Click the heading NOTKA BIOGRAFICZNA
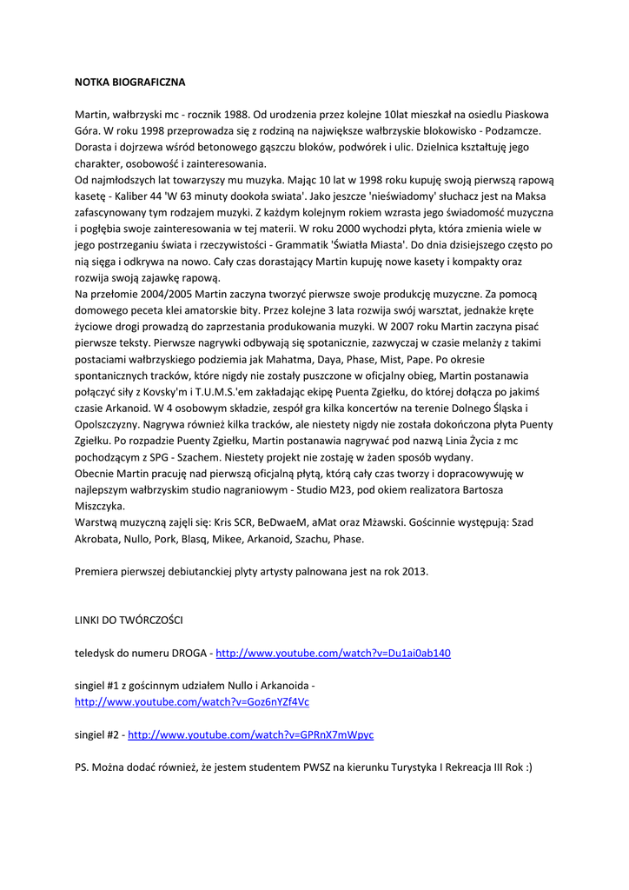pyautogui.click(x=129, y=83)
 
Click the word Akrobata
pyautogui.click(x=97, y=539)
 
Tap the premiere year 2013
pyautogui.click(x=413, y=572)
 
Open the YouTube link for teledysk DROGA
pyautogui.click(x=333, y=653)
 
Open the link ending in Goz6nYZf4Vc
pyautogui.click(x=192, y=701)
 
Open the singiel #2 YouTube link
pyautogui.click(x=250, y=734)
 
